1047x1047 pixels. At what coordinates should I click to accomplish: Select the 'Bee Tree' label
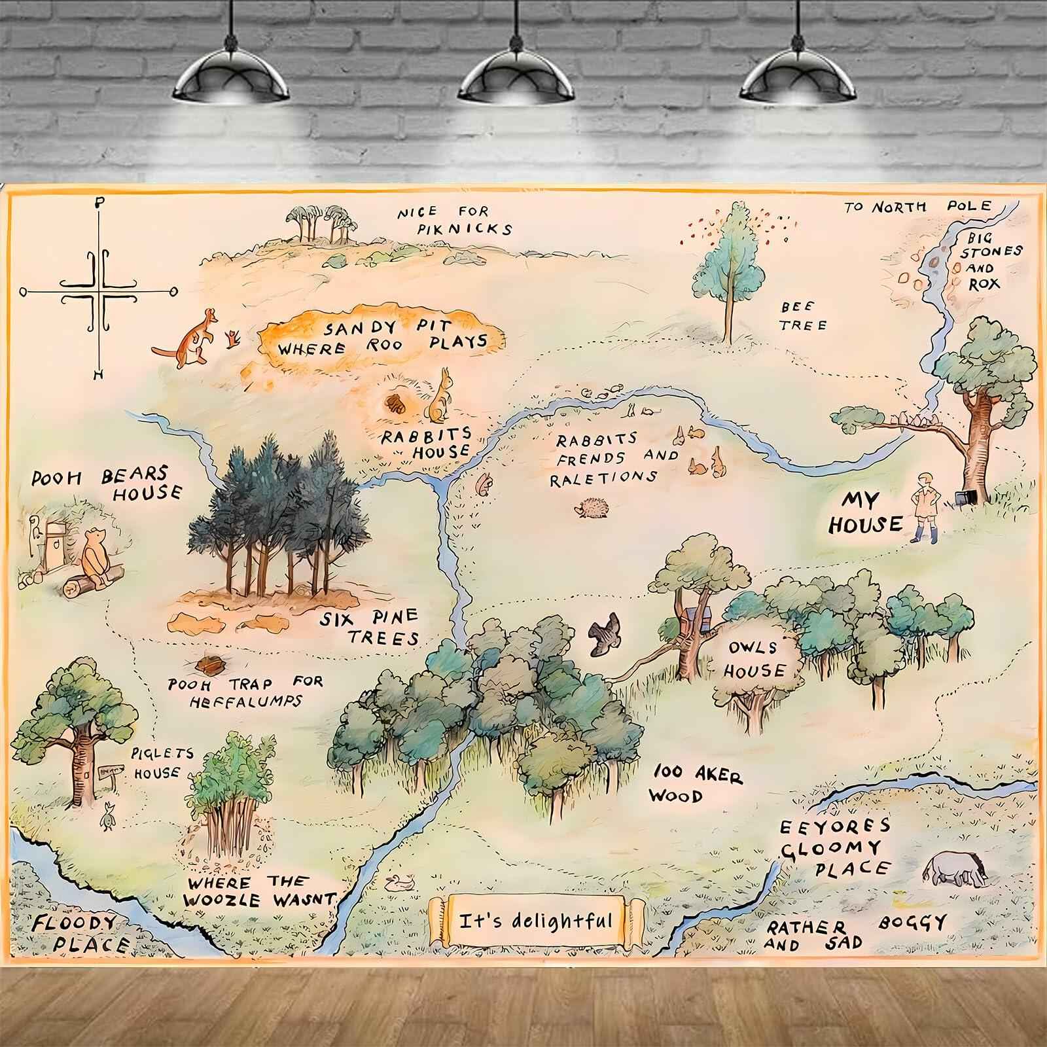pos(803,316)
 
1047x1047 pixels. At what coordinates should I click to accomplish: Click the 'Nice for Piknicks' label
pos(454,221)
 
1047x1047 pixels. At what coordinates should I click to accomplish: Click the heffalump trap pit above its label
pos(211,665)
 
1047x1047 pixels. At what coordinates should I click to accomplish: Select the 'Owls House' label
pos(756,659)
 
